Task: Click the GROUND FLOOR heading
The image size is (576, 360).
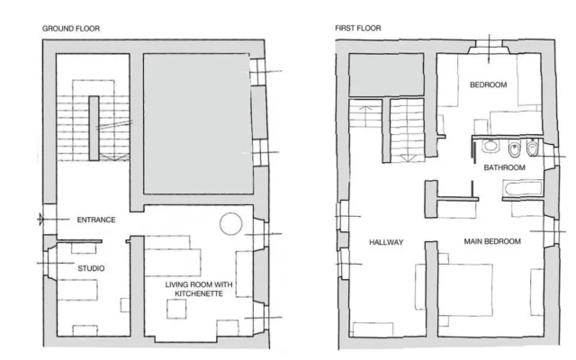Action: point(71,29)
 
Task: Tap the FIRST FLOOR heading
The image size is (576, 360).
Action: point(358,28)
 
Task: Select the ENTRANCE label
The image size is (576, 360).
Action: point(96,220)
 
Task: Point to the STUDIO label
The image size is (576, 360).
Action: point(91,268)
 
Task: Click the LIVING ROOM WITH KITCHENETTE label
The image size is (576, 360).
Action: point(199,289)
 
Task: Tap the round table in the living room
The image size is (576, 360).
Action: point(231,223)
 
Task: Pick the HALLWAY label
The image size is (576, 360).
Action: point(386,242)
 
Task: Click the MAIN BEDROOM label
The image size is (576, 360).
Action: point(492,242)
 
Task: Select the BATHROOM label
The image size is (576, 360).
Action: point(504,168)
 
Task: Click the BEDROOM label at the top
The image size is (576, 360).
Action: point(488,85)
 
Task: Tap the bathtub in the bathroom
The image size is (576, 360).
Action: point(523,188)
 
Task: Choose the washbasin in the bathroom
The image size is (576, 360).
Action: point(490,146)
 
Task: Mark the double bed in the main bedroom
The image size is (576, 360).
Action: point(464,290)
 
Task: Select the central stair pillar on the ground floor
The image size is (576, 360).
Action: point(94,129)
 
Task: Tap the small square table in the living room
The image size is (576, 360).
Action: point(176,309)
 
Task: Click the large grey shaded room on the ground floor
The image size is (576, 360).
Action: point(198,124)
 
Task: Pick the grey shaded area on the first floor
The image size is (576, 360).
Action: point(386,75)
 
